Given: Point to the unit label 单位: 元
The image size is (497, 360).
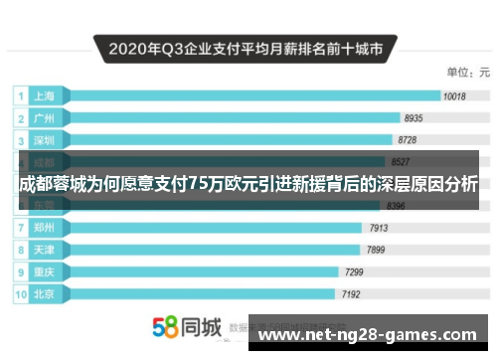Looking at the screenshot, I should pos(466,73).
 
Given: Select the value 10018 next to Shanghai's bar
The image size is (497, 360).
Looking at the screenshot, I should pos(454,96).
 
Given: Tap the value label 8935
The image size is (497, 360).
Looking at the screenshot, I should pos(415,118).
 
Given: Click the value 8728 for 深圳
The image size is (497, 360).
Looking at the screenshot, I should pos(407,140).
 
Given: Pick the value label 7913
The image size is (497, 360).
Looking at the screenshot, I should pos(379,228).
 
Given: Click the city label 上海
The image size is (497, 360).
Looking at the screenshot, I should pos(44,96).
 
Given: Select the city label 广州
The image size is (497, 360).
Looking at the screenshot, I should pos(44,118).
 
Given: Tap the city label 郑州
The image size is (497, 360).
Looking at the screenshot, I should pos(44,228).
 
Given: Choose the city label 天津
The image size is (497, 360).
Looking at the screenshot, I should pos(44,250).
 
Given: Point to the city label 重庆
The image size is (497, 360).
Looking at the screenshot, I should pos(44,271).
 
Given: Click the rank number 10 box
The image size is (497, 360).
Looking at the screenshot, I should pos(20,294).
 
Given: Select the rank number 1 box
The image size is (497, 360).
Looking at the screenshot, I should pos(20,96).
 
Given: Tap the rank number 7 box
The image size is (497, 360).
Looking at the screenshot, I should pos(20,228).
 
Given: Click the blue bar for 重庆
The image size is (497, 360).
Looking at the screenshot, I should pos(199,271).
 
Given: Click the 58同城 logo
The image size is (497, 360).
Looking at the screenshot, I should pos(185,327).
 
